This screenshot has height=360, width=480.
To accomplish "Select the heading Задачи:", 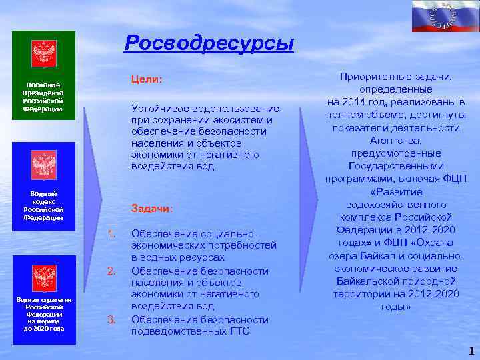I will click(152, 209).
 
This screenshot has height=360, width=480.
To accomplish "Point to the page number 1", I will click(471, 351).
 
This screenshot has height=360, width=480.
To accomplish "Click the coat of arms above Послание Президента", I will click(44, 53).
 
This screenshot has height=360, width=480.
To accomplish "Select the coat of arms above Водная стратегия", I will click(44, 277).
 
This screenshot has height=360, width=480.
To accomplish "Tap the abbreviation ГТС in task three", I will click(239, 331).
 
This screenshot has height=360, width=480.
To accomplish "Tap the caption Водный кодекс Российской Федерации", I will click(43, 205).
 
